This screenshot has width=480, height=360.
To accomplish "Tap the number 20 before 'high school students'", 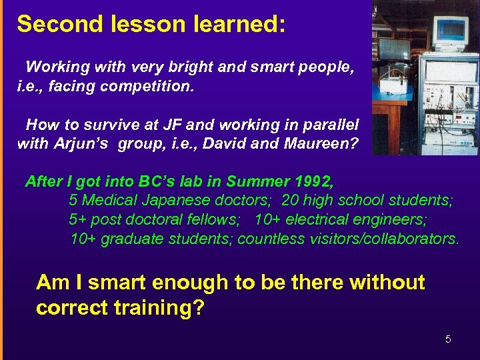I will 290,201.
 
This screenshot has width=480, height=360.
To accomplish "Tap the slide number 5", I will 448,339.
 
